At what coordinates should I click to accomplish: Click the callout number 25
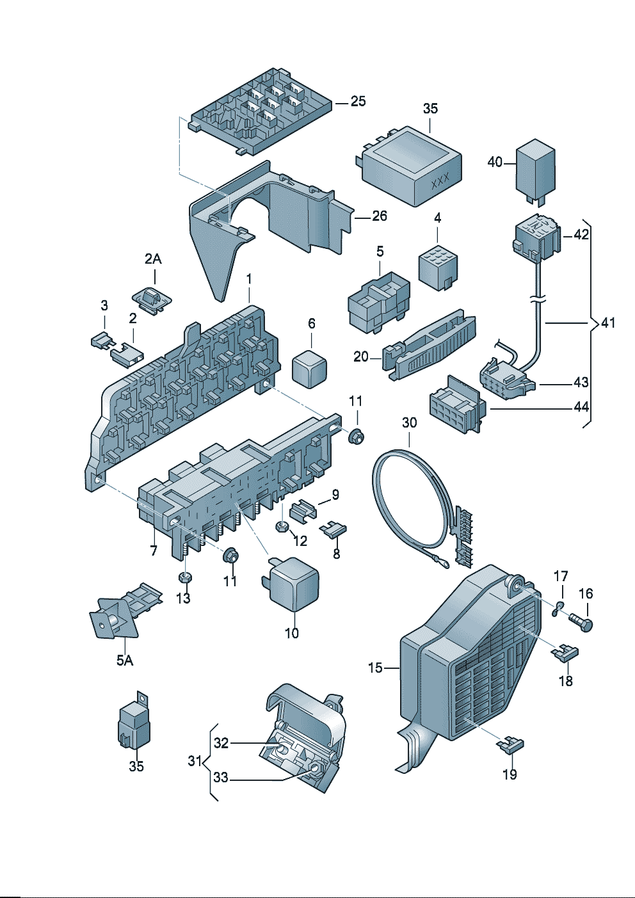coord(358,101)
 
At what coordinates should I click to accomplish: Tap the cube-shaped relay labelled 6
coord(310,368)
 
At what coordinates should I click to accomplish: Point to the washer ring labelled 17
coord(557,607)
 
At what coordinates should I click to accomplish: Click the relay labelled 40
coord(536,167)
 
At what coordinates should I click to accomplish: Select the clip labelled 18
coord(565,653)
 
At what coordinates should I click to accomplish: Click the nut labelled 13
coord(184,577)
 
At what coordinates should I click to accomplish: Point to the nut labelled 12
coord(282,527)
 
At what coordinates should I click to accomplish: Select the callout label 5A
coord(124,660)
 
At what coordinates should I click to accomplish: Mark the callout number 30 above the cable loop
coord(409,422)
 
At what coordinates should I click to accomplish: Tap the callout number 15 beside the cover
coord(375,668)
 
